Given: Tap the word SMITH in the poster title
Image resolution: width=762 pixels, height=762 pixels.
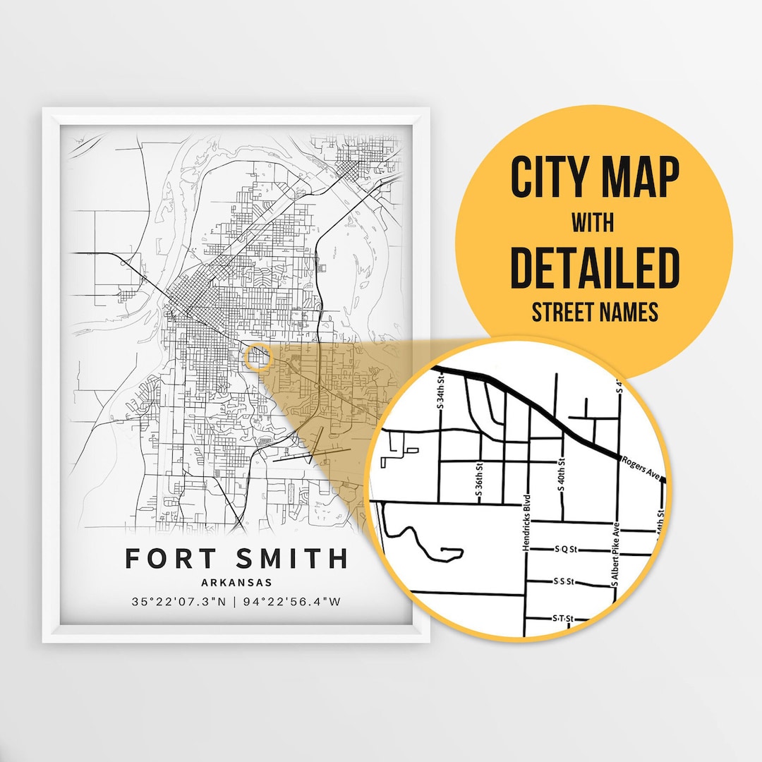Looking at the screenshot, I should pos(290,558).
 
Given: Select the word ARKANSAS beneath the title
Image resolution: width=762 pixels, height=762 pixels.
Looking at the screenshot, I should pos(236,583).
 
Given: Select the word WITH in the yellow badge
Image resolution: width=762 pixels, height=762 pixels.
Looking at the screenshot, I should pos(593,224).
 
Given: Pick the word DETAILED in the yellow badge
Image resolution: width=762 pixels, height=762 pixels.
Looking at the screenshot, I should pos(593,269).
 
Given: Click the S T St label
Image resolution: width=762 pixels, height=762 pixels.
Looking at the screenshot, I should pos(562,619).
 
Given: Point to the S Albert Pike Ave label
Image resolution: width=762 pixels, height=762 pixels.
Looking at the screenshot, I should pos(615,555).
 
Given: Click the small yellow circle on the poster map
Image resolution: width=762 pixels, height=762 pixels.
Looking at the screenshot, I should pos(259,356).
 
